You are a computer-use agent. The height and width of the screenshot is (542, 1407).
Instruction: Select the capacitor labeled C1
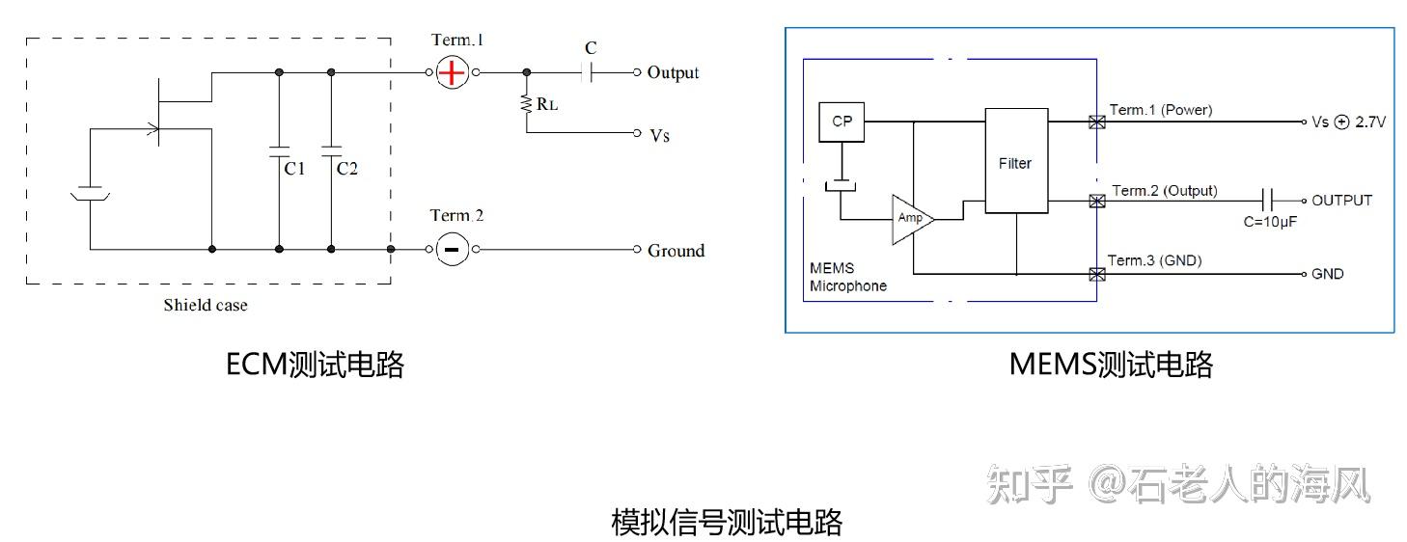[x=279, y=151]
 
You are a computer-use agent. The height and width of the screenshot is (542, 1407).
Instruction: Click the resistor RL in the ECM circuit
[x=527, y=104]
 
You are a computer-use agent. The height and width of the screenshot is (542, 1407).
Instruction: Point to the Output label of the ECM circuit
[x=673, y=72]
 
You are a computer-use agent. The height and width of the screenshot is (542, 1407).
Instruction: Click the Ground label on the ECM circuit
[x=676, y=251]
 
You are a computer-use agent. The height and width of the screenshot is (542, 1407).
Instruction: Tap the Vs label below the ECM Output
[x=659, y=135]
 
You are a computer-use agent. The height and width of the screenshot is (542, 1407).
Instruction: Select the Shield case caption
[x=205, y=306]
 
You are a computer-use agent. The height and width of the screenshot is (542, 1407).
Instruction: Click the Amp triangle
[x=910, y=219]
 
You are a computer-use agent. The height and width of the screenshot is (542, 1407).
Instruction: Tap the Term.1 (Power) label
[x=1161, y=110]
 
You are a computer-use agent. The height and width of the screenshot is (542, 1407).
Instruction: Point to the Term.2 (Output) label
[x=1164, y=191]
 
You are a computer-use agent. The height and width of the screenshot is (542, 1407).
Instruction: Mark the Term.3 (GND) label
[x=1154, y=260]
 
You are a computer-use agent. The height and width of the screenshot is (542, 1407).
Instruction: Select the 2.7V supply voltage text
[x=1370, y=122]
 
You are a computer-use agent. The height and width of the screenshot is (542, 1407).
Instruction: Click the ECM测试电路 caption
[x=315, y=365]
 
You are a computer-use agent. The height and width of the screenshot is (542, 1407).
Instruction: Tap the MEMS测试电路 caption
[x=1111, y=365]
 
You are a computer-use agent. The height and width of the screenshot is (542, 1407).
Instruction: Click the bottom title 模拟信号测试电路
[x=727, y=522]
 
